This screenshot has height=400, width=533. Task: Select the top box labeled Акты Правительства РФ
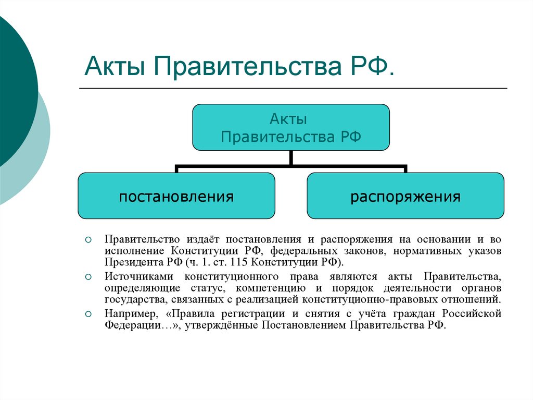coord(291,128)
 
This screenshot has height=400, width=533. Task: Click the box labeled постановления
coord(176,196)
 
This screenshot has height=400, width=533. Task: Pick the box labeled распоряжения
coord(405,196)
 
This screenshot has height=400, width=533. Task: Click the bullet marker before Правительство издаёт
coord(88,240)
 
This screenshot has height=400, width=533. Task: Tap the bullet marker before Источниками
coord(88,277)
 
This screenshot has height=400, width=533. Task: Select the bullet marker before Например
coord(88,314)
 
